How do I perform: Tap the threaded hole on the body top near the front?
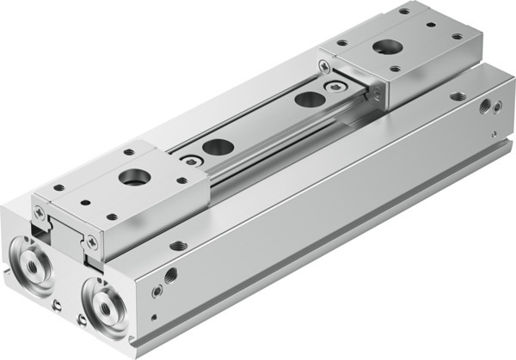click(x=179, y=246)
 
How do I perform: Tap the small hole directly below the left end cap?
click(x=55, y=304)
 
